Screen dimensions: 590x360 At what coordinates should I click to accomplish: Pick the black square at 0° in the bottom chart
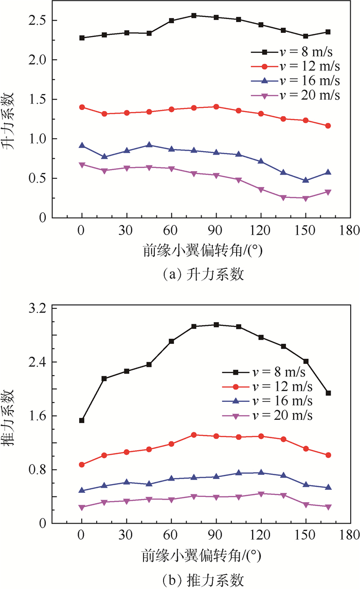[x=82, y=420]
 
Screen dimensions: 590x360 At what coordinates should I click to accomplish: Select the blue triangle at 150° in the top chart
[x=305, y=180]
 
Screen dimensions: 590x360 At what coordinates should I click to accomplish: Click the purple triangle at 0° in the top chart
[x=82, y=165]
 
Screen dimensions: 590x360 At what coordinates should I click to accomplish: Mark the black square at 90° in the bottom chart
[x=216, y=325]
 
